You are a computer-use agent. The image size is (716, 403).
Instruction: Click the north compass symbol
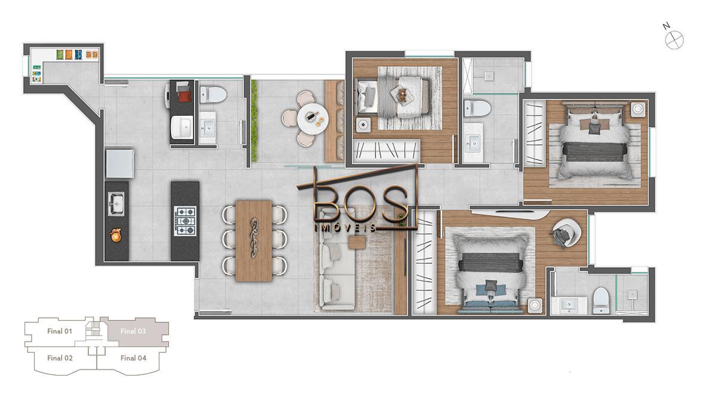click(x=675, y=40)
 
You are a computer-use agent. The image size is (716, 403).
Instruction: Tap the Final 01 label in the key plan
click(x=60, y=331)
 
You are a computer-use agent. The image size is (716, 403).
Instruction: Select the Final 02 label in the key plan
click(x=60, y=358)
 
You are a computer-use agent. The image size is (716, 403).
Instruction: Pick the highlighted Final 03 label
click(x=133, y=331)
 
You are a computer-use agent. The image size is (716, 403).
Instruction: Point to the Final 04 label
click(x=133, y=358)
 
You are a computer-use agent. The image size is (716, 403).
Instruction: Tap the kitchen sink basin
click(x=116, y=203)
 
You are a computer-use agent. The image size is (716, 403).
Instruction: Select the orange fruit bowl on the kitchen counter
click(x=116, y=236)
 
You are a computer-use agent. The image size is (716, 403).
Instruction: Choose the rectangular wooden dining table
click(x=254, y=240)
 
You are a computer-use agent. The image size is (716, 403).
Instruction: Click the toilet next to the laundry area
click(x=212, y=94)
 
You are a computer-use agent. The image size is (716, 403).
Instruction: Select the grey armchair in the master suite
click(x=564, y=233)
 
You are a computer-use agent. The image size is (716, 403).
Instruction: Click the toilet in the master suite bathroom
click(x=600, y=299)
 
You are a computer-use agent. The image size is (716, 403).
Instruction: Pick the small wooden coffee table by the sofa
click(x=357, y=242)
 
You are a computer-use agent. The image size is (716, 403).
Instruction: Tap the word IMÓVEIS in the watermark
click(x=345, y=227)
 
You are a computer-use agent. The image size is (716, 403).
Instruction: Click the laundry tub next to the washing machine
click(x=181, y=127)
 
